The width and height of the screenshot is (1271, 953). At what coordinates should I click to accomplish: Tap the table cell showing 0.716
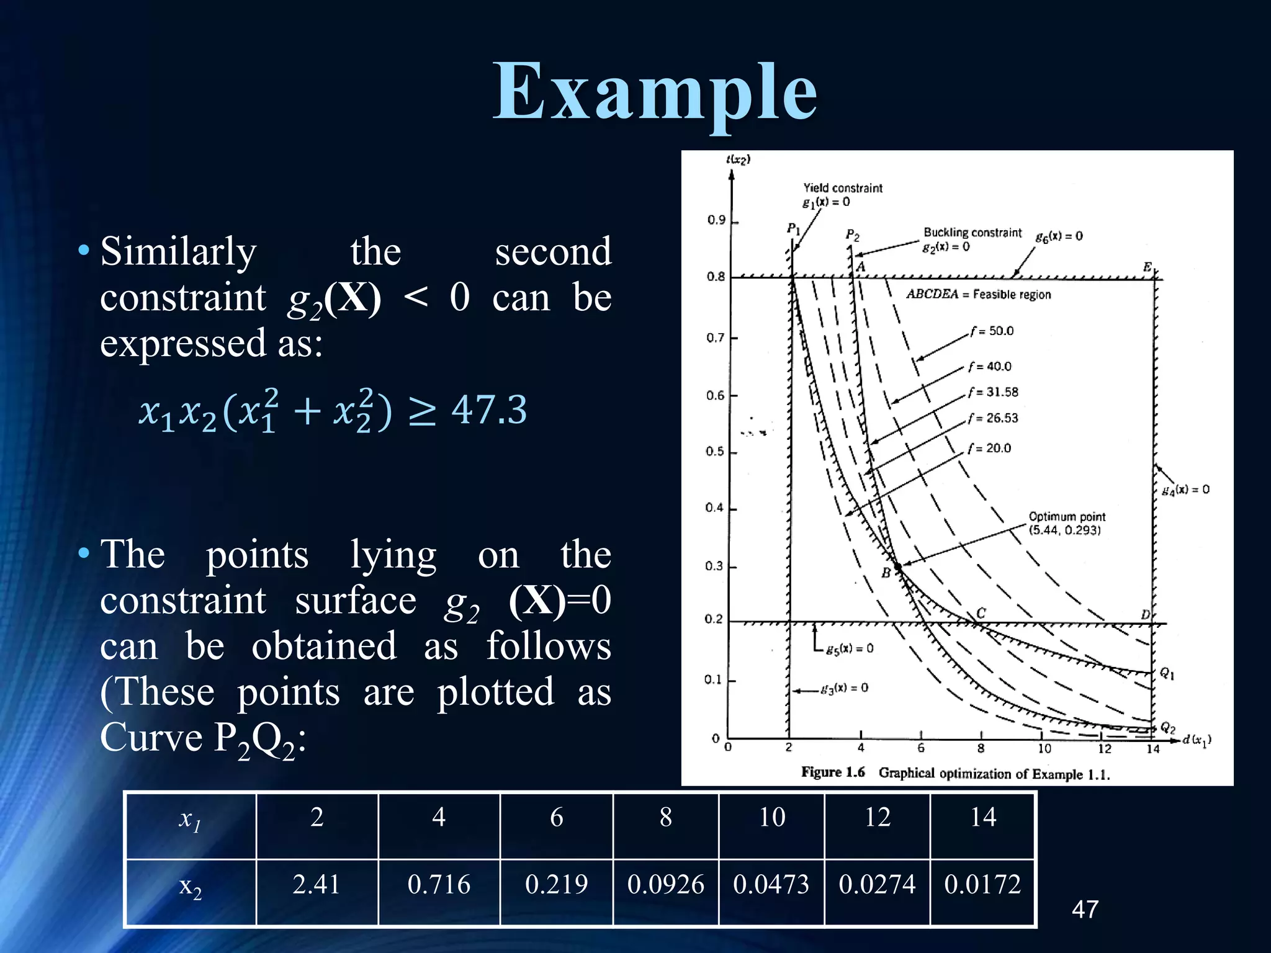point(439,884)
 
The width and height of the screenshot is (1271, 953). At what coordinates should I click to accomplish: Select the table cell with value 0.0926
point(665,884)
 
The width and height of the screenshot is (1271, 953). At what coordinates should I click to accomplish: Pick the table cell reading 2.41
point(317,884)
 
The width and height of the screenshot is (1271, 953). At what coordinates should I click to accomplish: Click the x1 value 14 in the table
point(983,817)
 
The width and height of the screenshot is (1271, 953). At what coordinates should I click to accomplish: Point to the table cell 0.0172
point(982,884)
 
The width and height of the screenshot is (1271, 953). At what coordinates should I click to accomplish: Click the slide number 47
point(1085,910)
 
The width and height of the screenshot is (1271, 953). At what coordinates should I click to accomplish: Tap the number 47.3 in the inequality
point(489,409)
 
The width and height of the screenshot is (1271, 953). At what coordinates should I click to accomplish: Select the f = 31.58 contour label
point(994,392)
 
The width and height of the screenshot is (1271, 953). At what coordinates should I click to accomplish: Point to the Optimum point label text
point(1067,517)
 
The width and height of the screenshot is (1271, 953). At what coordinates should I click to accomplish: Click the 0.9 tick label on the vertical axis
point(716,220)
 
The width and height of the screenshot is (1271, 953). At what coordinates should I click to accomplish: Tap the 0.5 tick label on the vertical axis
point(715,451)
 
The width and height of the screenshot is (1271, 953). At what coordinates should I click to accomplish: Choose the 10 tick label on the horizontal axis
point(1044,748)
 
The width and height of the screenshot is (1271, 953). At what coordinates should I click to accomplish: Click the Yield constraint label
point(843,188)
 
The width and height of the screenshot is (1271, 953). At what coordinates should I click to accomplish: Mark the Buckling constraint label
point(972,233)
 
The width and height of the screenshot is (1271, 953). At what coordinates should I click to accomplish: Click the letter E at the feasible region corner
point(1147,267)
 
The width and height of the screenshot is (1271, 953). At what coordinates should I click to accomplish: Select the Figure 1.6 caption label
point(833,772)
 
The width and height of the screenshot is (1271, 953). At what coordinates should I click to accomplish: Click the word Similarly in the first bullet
point(179,252)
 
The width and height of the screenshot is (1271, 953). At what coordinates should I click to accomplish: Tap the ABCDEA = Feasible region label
point(979,294)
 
